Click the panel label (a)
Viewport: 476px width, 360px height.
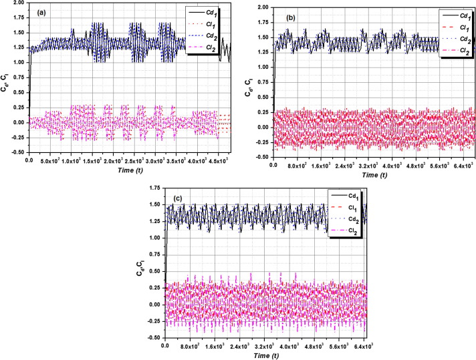[41, 11]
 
